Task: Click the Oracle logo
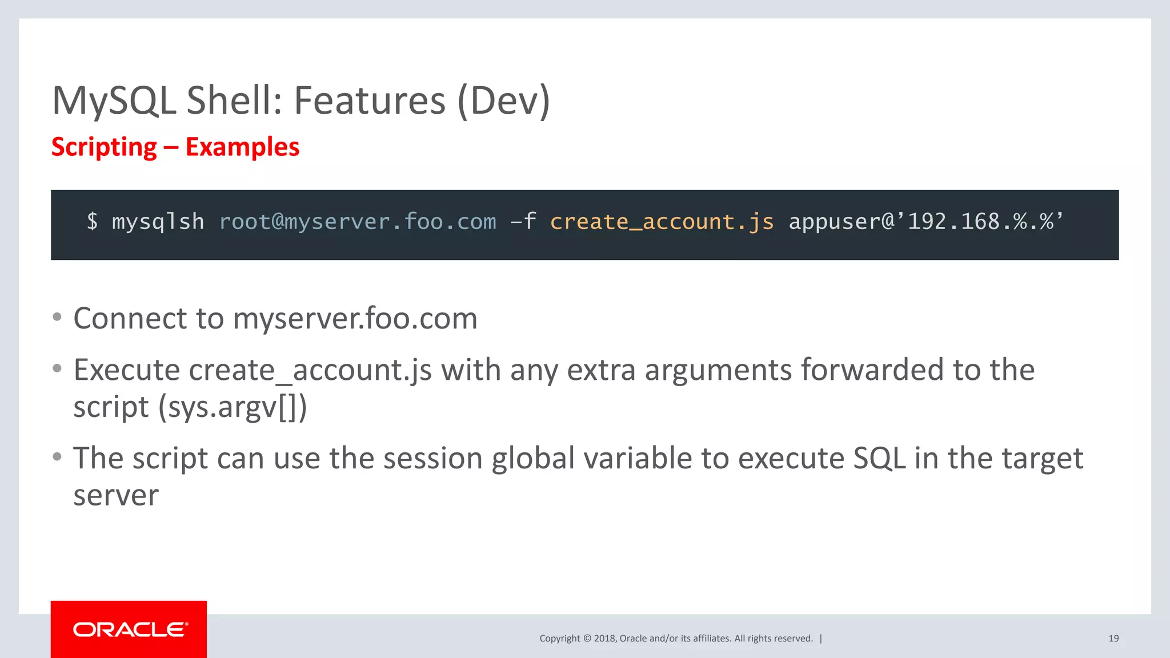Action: click(x=129, y=629)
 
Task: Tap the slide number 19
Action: click(x=1113, y=639)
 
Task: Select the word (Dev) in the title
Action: click(x=503, y=101)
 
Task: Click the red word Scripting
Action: click(x=104, y=147)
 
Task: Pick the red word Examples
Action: click(x=242, y=147)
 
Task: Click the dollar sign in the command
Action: click(x=92, y=222)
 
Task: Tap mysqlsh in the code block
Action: click(x=158, y=222)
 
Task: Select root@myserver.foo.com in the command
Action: click(x=358, y=222)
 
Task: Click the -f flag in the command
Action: click(x=523, y=222)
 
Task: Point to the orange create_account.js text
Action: click(x=662, y=222)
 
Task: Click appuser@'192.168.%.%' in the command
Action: click(x=925, y=222)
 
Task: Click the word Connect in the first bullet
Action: click(x=130, y=318)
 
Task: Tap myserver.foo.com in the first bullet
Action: click(x=355, y=319)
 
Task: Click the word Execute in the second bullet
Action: click(x=127, y=370)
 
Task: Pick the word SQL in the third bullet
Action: click(x=879, y=459)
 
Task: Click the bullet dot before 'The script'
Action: click(x=57, y=457)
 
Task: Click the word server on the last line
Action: click(x=116, y=495)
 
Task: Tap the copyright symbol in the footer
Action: click(x=587, y=639)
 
